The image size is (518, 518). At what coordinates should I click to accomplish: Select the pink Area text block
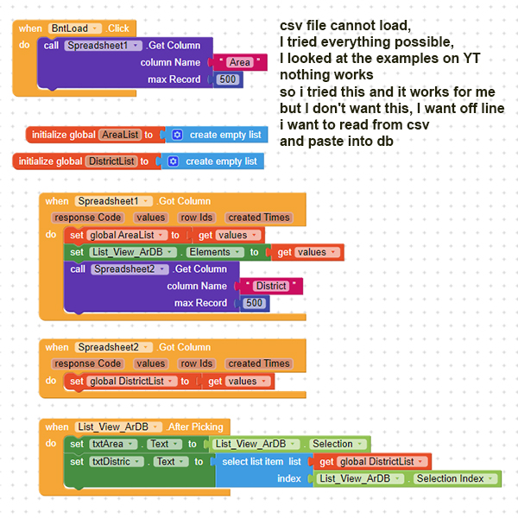point(239,62)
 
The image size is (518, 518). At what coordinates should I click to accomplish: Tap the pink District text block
point(271,286)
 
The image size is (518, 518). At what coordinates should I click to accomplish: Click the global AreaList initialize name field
point(120,135)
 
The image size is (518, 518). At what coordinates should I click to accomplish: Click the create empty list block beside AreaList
point(217,135)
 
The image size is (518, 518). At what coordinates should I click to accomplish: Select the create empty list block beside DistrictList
point(212,161)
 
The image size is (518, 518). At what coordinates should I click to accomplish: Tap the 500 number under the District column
point(255,303)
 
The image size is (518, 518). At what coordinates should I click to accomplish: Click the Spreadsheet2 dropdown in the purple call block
point(129,268)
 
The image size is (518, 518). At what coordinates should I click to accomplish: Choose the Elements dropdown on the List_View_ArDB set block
point(215,252)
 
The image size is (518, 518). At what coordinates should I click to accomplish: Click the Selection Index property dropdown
point(455,478)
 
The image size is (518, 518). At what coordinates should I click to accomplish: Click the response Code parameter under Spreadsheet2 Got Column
point(86,363)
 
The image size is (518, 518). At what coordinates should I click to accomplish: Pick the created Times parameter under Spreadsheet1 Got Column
point(258,218)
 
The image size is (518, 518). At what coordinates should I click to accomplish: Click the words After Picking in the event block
point(195,426)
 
